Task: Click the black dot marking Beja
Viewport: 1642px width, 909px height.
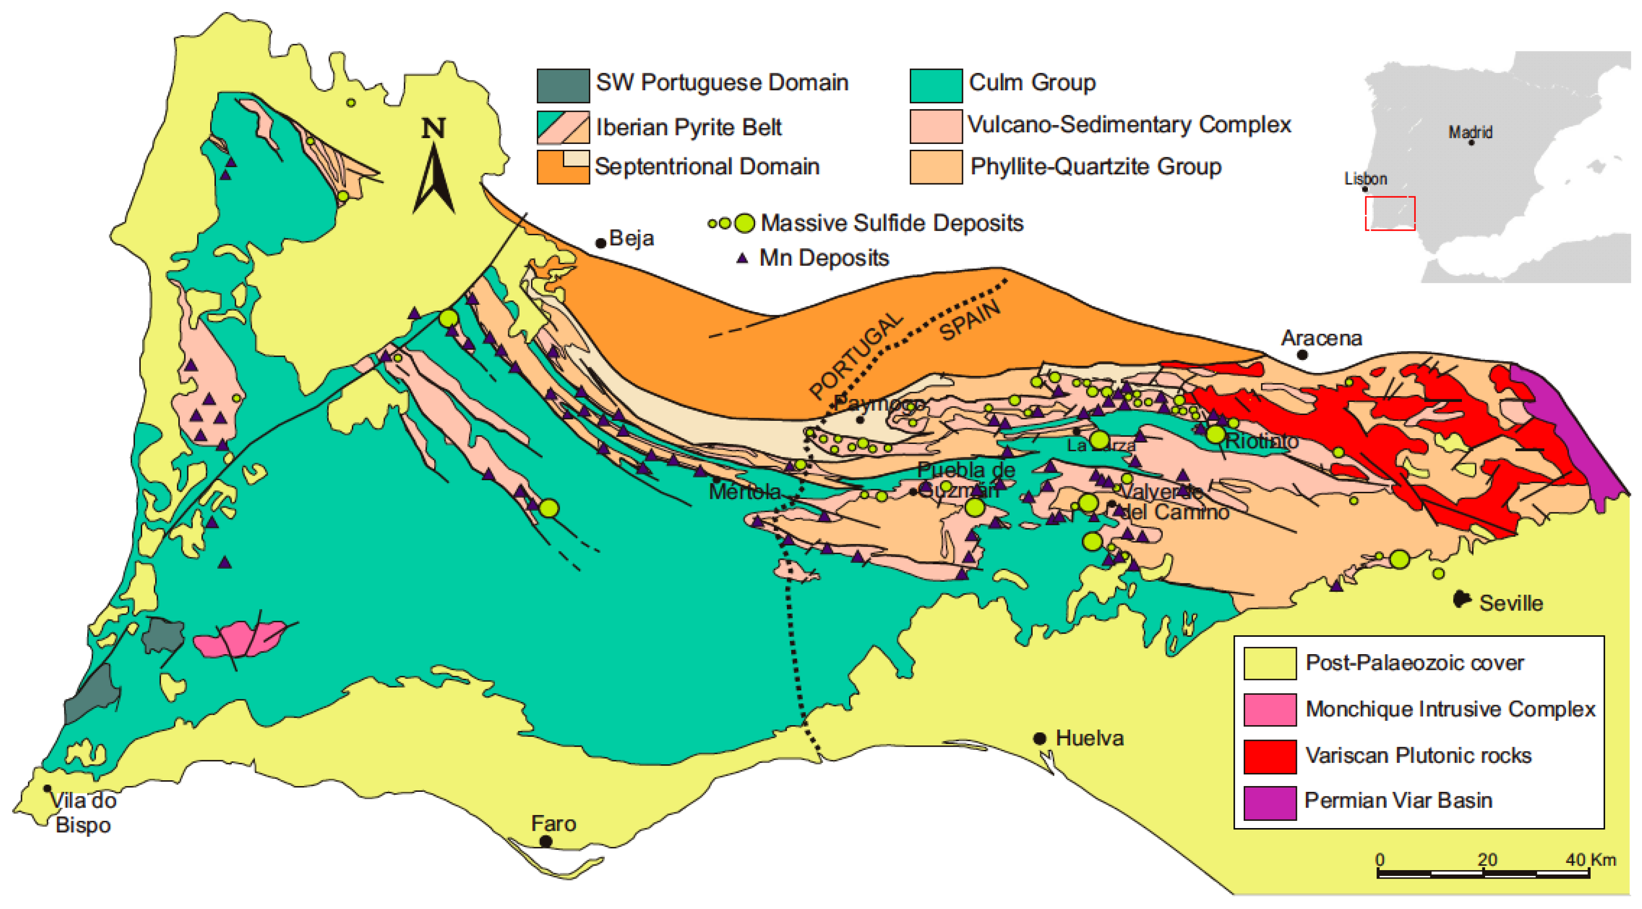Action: point(600,243)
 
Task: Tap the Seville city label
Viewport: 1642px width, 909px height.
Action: point(1510,603)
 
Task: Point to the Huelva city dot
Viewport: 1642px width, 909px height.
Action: point(1040,738)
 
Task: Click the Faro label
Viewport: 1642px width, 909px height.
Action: point(553,824)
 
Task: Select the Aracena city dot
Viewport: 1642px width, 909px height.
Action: point(1302,355)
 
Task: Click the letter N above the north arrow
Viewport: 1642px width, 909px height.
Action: point(434,129)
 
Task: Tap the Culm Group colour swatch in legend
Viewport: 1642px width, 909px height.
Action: point(936,85)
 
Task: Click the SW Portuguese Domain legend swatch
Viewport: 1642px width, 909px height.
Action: point(563,85)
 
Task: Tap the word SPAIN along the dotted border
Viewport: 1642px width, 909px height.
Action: point(970,321)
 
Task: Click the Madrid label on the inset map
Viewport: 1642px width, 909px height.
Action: point(1470,132)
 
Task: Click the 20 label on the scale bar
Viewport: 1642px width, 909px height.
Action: point(1487,859)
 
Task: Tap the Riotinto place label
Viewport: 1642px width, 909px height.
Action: point(1262,441)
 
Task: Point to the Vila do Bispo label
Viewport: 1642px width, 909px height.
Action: point(83,812)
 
